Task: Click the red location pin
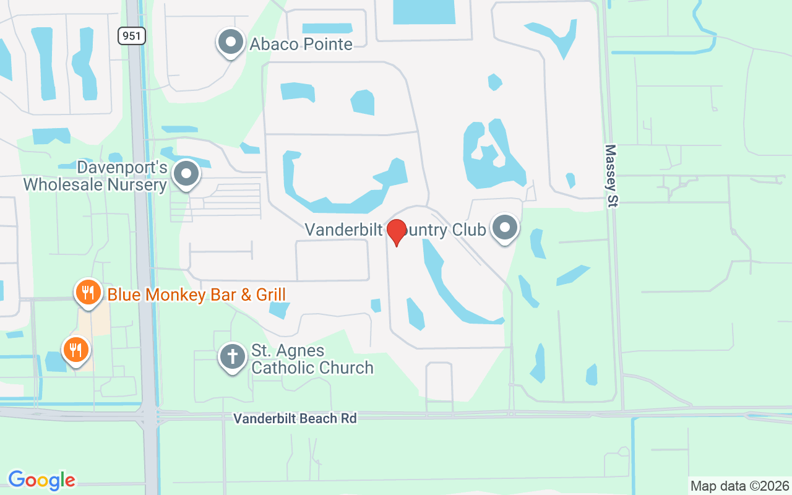pos(396,231)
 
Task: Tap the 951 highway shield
pos(132,36)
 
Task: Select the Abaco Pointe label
pos(301,44)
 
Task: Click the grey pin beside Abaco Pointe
pos(231,42)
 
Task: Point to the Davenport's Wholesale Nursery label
pos(95,176)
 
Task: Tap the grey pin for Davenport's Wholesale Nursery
pos(186,174)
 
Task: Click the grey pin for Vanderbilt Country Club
pos(505,228)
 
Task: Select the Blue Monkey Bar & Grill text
pos(196,294)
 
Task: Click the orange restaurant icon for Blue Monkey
pos(88,292)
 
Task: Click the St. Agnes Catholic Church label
pos(312,359)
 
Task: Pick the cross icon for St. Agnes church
pos(233,357)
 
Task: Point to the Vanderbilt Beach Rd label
pos(295,418)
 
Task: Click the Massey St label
pos(611,176)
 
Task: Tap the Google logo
pos(42,480)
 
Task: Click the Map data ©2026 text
pos(740,486)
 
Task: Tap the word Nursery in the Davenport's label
pos(137,184)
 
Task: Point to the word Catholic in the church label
pos(280,368)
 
